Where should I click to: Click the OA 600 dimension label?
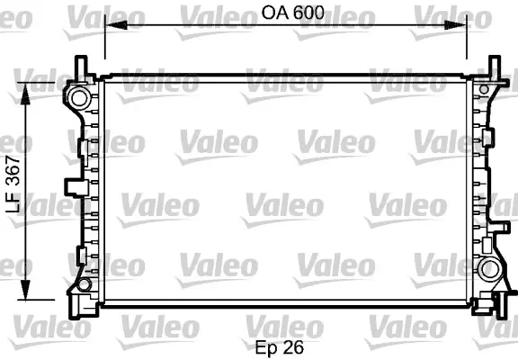click(292, 13)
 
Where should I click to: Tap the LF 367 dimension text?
click(13, 184)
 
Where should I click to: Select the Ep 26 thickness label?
click(279, 347)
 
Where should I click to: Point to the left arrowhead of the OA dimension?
click(116, 25)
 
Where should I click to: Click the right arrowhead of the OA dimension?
click(455, 25)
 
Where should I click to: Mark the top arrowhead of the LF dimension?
click(25, 94)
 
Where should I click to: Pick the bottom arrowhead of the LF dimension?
click(25, 289)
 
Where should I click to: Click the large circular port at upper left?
click(79, 98)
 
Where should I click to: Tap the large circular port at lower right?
click(489, 269)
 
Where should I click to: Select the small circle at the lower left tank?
click(85, 284)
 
